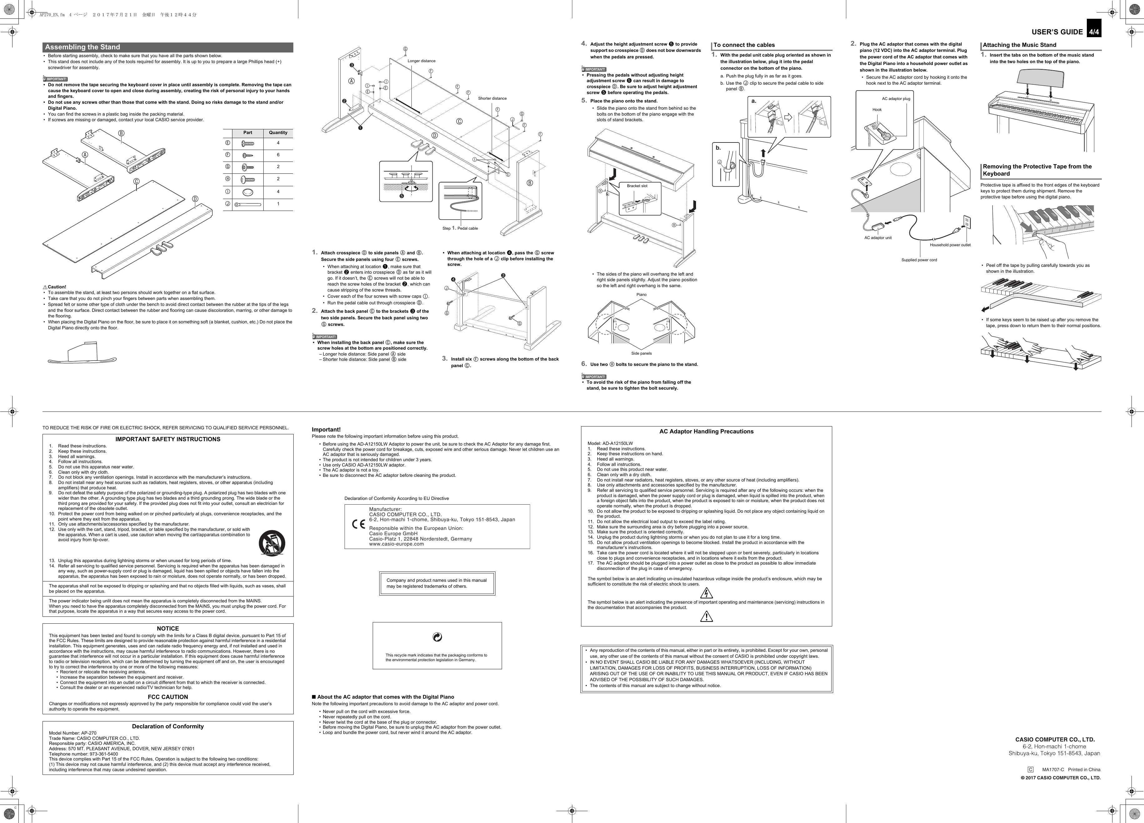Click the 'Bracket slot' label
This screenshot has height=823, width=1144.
(x=637, y=186)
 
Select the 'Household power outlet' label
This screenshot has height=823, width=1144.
(x=950, y=245)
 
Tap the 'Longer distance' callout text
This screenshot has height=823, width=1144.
(x=421, y=61)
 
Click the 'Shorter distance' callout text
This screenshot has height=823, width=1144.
(x=492, y=98)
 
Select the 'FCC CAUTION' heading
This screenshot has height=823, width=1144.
(x=167, y=697)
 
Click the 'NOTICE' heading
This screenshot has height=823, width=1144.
(x=167, y=629)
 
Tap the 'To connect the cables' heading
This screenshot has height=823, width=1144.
(x=744, y=45)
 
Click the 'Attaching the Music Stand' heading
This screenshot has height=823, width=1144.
(x=1019, y=45)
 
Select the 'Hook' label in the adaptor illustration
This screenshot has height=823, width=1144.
(x=877, y=109)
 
